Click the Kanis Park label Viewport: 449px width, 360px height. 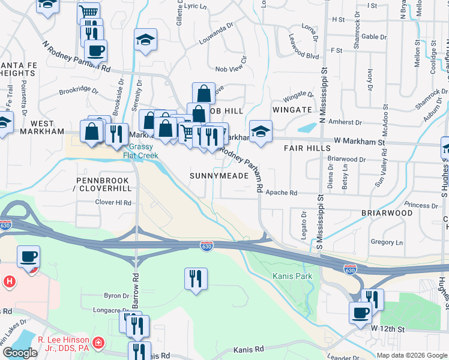point(292,277)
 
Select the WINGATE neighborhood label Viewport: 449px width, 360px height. point(292,110)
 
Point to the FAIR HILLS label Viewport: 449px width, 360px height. point(306,148)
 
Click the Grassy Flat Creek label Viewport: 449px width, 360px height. point(140,151)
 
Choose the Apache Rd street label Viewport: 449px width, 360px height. point(282,193)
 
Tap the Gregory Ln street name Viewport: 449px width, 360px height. point(387,242)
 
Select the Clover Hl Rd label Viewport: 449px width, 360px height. point(113,203)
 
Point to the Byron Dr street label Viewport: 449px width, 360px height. point(116,296)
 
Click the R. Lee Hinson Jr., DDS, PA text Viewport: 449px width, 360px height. point(64,344)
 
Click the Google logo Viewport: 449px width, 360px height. point(20,353)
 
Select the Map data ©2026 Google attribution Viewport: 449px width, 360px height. point(412,355)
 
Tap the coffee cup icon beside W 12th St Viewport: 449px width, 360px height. point(361,313)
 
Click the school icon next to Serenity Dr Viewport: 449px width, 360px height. point(145,40)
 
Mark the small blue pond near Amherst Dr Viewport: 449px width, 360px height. point(307,128)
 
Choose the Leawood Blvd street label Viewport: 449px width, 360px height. point(304,56)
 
